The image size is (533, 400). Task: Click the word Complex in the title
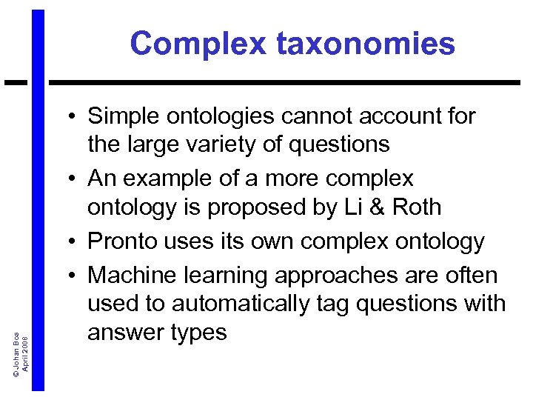[198, 44]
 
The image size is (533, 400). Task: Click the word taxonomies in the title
[366, 44]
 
